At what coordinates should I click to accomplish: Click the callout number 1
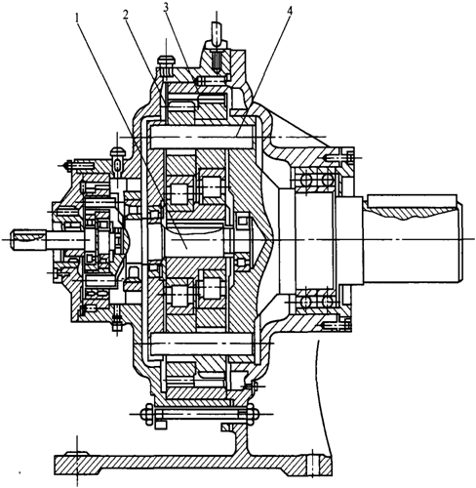click(77, 18)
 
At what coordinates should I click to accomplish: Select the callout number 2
click(126, 16)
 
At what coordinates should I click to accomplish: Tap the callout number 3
click(166, 8)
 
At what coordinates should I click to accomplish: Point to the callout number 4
click(290, 11)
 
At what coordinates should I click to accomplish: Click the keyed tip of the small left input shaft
click(27, 240)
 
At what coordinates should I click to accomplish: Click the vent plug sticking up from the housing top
click(217, 31)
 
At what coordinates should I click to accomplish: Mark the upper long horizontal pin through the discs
click(202, 137)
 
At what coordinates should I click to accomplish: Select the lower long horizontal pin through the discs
click(202, 344)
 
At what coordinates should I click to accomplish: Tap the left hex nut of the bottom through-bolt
click(147, 414)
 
